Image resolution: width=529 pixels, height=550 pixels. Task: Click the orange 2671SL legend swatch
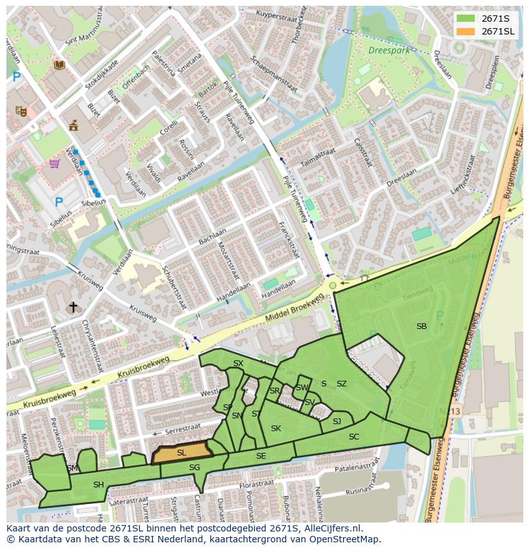(x=466, y=31)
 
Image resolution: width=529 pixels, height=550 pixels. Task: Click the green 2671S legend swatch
(x=466, y=18)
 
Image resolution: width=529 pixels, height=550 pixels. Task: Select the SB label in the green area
(x=422, y=326)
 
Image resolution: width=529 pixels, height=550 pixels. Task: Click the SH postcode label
(x=98, y=485)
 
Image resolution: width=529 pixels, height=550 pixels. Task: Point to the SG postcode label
(x=195, y=468)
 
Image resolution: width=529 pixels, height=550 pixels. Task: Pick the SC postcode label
(x=354, y=437)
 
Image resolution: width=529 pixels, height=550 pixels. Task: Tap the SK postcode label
(x=276, y=428)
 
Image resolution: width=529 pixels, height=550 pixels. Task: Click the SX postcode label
(x=238, y=363)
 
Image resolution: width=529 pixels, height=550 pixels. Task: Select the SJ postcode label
(x=337, y=421)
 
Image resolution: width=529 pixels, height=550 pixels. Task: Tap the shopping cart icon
(x=55, y=164)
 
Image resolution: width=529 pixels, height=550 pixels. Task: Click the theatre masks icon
(x=21, y=111)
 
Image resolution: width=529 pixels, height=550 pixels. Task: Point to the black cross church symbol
(x=73, y=307)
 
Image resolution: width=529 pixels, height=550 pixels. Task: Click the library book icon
(x=59, y=65)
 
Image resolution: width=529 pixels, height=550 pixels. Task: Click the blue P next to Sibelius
(x=59, y=202)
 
